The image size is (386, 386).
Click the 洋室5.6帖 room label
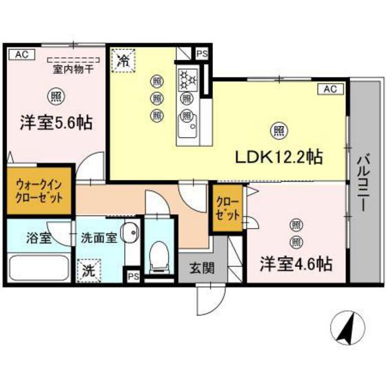pyautogui.click(x=56, y=123)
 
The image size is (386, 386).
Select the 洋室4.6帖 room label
pyautogui.click(x=297, y=263)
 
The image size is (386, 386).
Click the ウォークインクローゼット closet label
pyautogui.click(x=39, y=190)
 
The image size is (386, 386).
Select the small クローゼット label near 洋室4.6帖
pyautogui.click(x=228, y=207)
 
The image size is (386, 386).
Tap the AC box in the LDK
pyautogui.click(x=329, y=88)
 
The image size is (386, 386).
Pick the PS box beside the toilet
pyautogui.click(x=133, y=276)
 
